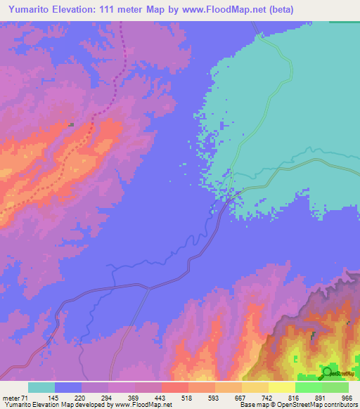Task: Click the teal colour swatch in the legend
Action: click(41, 387)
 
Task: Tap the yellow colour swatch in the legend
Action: click(281, 387)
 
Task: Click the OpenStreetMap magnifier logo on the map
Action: click(327, 372)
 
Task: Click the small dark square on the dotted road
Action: click(71, 124)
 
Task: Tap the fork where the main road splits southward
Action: click(148, 287)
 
